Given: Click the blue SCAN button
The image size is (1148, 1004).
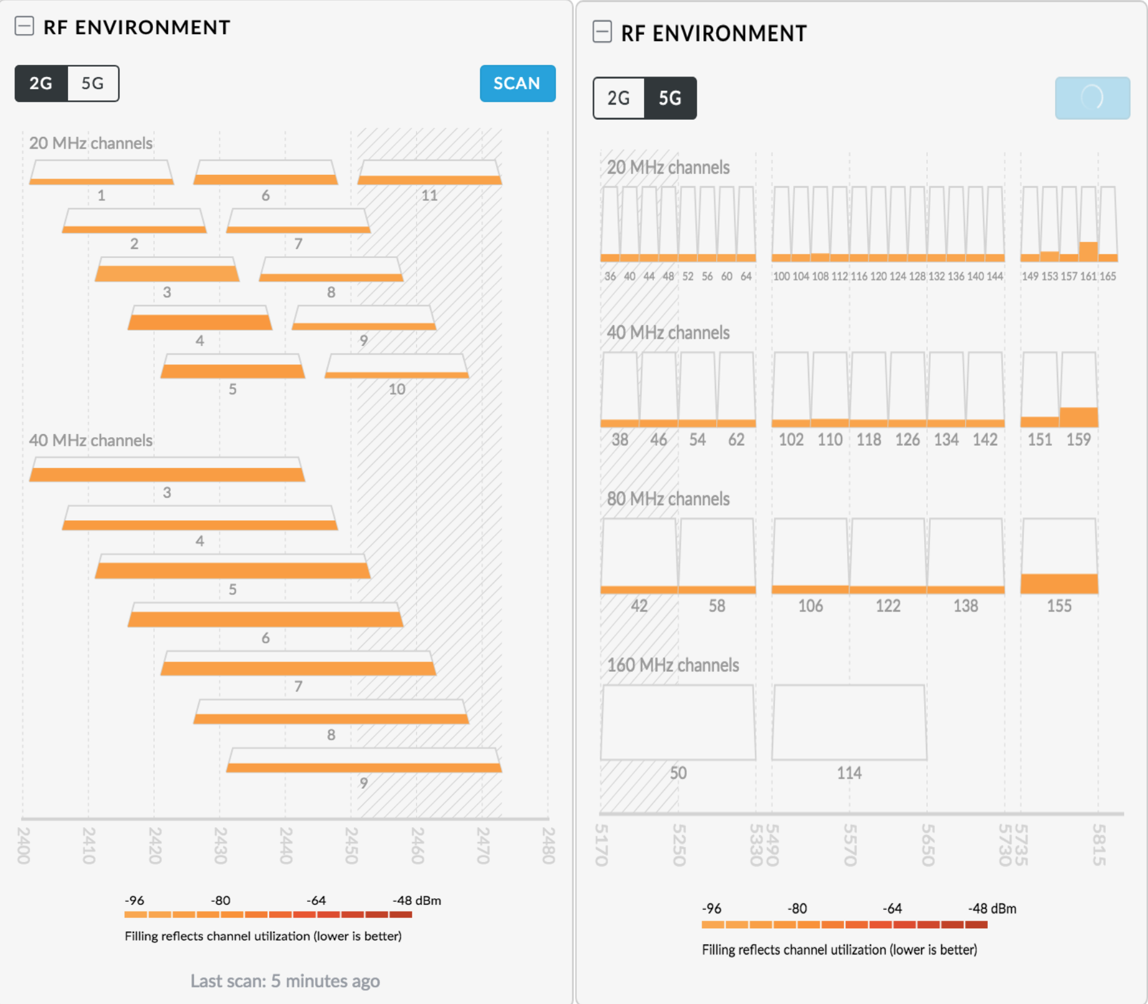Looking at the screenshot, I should click(517, 83).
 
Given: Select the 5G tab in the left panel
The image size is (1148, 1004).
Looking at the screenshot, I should click(93, 83).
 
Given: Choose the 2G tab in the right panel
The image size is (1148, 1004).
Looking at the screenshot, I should click(618, 98).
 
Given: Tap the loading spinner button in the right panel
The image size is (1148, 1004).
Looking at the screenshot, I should click(1092, 98).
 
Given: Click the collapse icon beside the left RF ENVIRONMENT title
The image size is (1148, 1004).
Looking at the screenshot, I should click(24, 26).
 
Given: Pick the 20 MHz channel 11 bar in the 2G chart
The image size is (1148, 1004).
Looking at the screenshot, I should click(429, 173).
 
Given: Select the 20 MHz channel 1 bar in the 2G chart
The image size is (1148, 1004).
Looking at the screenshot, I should click(102, 173).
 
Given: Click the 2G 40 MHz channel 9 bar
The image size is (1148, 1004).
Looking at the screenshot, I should click(364, 761).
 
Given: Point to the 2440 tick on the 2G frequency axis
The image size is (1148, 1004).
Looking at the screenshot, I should click(285, 845).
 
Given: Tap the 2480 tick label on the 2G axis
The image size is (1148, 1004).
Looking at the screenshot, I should click(548, 845).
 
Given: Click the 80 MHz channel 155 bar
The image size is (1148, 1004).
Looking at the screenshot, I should click(1059, 556).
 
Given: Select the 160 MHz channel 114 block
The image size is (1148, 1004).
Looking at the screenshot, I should click(849, 723).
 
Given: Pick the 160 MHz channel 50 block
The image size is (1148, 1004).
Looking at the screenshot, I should click(678, 723).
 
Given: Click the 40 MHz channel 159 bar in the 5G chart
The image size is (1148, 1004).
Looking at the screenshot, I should click(1079, 389).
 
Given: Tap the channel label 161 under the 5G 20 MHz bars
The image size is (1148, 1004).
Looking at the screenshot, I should click(1088, 276).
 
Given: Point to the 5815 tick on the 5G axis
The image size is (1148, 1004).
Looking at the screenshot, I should click(1098, 845).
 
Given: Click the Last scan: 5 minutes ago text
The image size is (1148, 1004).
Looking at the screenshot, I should click(285, 981).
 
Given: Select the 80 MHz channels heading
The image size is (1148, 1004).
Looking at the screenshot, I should click(668, 499).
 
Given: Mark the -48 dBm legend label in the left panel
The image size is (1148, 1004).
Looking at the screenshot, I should click(417, 900).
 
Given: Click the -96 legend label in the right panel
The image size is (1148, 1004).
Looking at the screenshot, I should click(711, 909).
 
